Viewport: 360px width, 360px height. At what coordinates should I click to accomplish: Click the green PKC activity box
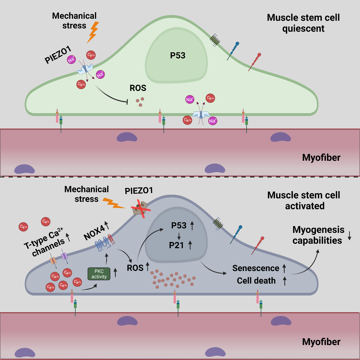(x=99, y=274)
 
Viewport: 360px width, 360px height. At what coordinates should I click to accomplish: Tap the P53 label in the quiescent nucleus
(x=178, y=55)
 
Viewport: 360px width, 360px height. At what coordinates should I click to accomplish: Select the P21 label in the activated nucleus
(x=176, y=245)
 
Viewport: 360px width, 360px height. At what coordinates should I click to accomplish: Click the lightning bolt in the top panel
(x=93, y=32)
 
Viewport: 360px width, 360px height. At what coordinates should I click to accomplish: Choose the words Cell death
(x=256, y=281)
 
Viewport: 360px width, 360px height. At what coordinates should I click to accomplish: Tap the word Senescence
(x=256, y=268)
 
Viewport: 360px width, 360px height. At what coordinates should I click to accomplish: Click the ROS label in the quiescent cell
(x=138, y=88)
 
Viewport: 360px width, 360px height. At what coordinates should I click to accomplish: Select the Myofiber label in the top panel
(x=321, y=158)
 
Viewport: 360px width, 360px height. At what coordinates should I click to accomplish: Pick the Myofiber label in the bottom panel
(x=321, y=342)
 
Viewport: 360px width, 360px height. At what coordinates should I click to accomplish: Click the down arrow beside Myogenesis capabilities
(x=350, y=235)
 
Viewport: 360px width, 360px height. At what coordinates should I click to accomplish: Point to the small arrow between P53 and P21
(x=179, y=236)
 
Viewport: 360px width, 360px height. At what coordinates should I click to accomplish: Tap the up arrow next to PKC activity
(x=115, y=272)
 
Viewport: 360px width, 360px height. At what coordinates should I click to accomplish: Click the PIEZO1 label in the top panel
(x=58, y=55)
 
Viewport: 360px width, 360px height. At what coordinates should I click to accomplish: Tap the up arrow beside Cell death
(x=285, y=281)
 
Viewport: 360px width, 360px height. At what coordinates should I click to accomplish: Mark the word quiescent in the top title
(x=303, y=28)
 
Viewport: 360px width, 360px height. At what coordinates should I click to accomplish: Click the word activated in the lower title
(x=305, y=206)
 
